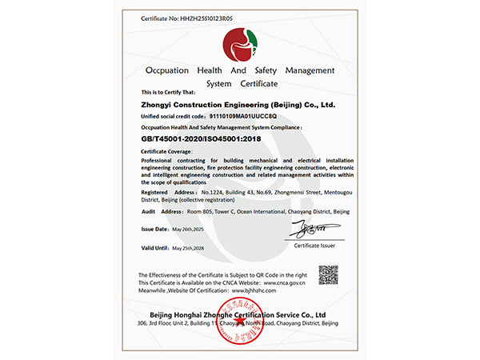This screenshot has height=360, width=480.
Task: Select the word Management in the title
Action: coord(310,70)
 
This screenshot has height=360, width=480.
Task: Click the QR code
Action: coord(329,274)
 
